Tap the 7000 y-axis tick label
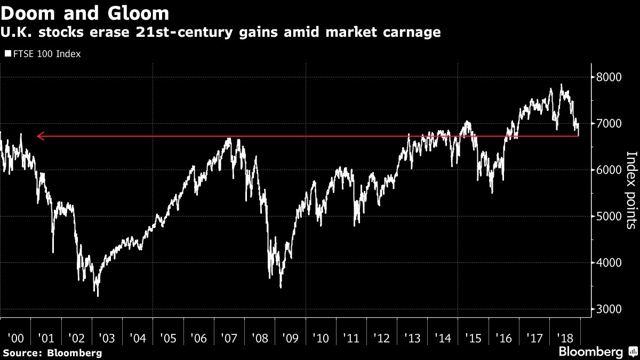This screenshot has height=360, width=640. (x=610, y=123)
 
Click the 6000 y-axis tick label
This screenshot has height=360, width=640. (x=610, y=170)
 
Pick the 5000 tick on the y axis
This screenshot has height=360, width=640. (x=610, y=216)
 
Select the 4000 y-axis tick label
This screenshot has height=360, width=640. (x=610, y=262)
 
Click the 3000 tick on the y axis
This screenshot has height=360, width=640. (x=610, y=309)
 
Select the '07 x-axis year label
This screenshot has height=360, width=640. (x=229, y=338)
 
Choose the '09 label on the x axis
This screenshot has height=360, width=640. (x=290, y=338)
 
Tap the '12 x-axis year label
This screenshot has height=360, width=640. (x=382, y=338)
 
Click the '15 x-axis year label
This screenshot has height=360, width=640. (x=474, y=338)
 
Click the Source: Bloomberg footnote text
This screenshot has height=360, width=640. (x=52, y=353)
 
